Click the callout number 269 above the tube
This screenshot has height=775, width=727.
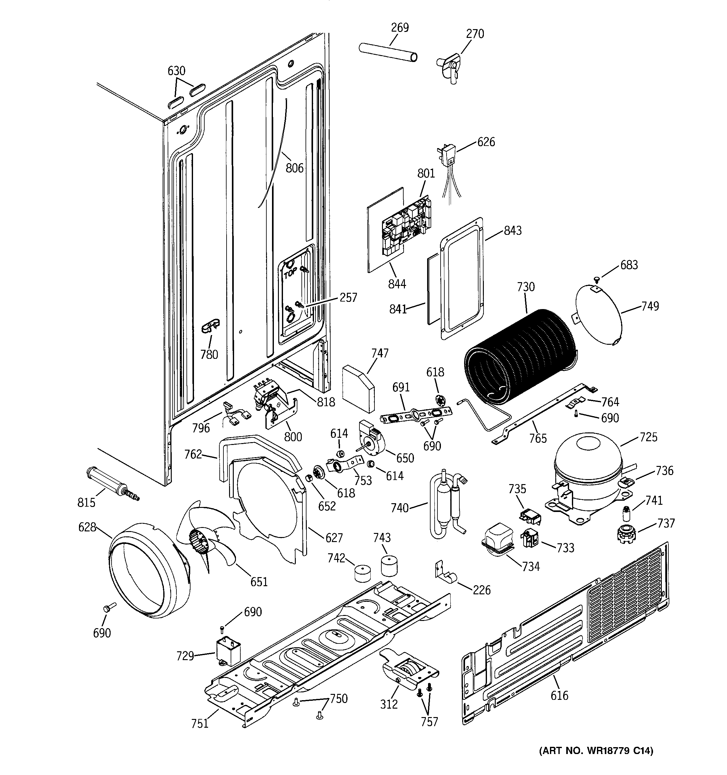[x=400, y=28]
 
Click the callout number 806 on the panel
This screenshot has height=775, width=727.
[x=294, y=168]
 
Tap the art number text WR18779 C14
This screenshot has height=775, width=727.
[x=596, y=751]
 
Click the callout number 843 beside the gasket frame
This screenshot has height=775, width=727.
[x=512, y=230]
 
